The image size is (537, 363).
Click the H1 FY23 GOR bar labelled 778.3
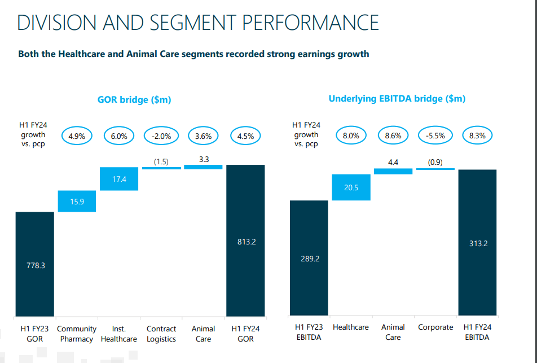pos(35,264)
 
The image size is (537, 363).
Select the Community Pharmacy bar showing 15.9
pos(77,201)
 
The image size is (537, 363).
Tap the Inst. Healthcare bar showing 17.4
pos(119,179)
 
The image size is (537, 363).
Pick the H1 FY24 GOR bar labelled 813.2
pos(245,240)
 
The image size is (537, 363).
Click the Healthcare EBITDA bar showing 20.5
pos(351,187)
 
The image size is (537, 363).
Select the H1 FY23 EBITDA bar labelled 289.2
pos(309,258)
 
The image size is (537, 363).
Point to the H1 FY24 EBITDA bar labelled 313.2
pos(477,242)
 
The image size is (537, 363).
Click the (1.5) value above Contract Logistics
pos(161,162)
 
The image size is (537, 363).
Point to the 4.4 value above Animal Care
pos(393,162)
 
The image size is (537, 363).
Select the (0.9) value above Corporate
pos(435,162)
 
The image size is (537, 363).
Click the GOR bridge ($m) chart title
pos(134,100)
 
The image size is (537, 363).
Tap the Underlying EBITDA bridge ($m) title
pos(397,99)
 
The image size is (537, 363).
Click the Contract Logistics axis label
pos(161,334)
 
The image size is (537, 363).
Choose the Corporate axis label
pos(435,327)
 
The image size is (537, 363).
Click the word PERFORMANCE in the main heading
pos(310,23)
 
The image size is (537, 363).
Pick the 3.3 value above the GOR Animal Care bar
pos(204,159)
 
